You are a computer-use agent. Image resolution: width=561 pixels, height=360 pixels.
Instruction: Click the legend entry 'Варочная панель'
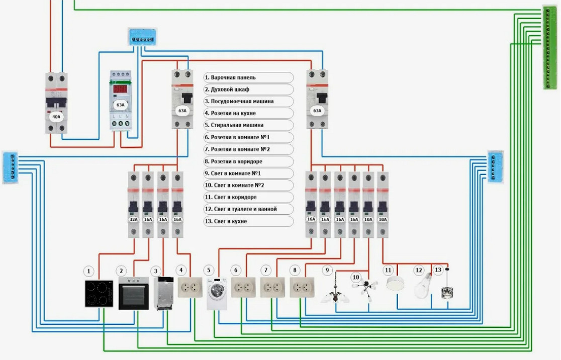pyautogui.click(x=248, y=77)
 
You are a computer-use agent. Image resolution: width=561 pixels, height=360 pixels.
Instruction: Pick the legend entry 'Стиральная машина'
pyautogui.click(x=248, y=125)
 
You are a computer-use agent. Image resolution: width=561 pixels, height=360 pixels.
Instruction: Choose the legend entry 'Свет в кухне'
pyautogui.click(x=248, y=221)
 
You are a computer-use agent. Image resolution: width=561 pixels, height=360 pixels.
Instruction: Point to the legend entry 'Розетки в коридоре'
pyautogui.click(x=248, y=161)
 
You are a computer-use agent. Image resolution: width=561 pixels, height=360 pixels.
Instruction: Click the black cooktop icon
pyautogui.click(x=99, y=294)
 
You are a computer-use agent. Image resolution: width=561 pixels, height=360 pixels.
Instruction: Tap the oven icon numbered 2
pyautogui.click(x=133, y=293)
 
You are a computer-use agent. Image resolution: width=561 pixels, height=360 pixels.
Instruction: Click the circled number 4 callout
pyautogui.click(x=181, y=271)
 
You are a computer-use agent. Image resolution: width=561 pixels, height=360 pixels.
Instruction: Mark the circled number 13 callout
pyautogui.click(x=438, y=271)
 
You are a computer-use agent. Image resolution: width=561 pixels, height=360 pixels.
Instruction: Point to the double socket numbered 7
pyautogui.click(x=272, y=288)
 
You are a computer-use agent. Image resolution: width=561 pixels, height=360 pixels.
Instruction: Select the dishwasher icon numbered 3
pyautogui.click(x=163, y=293)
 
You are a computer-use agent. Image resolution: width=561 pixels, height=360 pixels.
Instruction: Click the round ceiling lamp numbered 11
pyautogui.click(x=395, y=284)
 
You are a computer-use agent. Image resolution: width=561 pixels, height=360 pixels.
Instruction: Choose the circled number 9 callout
pyautogui.click(x=327, y=271)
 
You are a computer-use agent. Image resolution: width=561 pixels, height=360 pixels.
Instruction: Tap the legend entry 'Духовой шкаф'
pyautogui.click(x=248, y=89)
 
